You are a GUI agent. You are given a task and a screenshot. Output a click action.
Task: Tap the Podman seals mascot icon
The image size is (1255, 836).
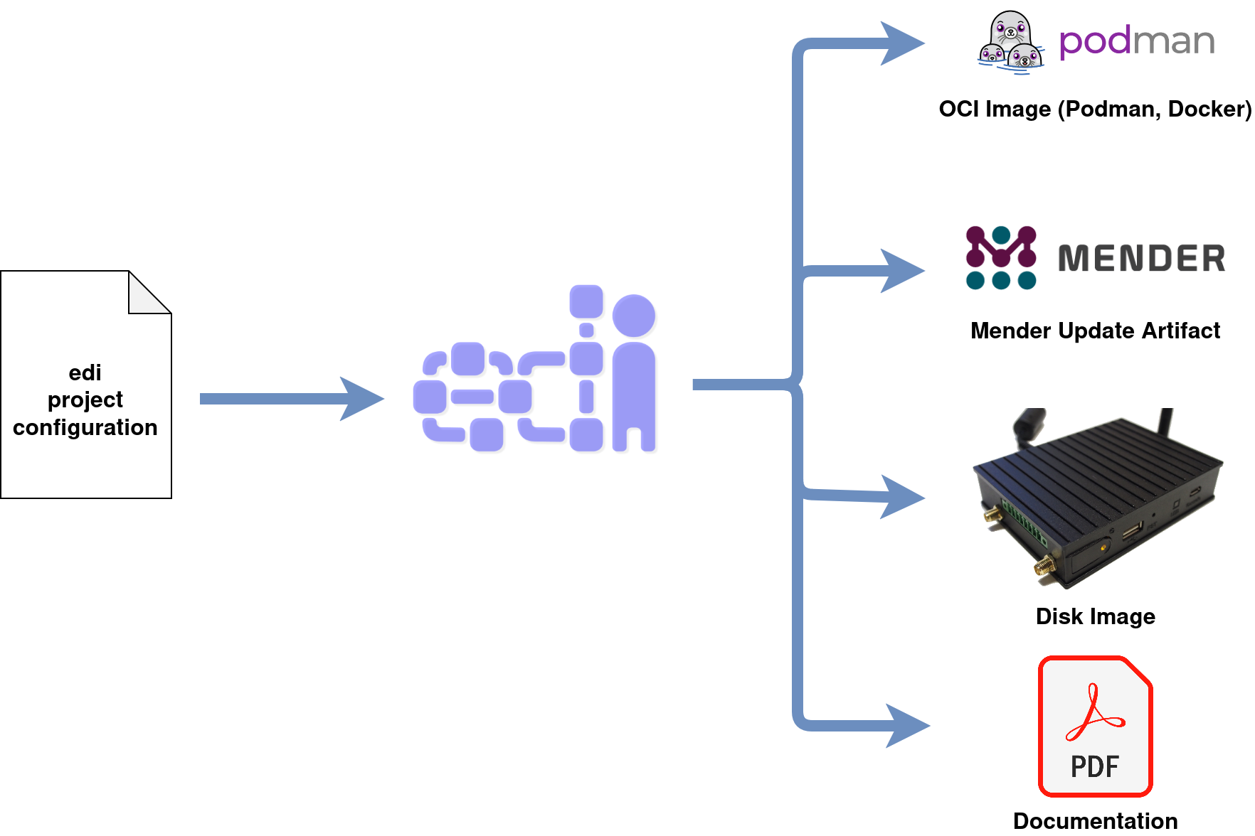coord(1011,42)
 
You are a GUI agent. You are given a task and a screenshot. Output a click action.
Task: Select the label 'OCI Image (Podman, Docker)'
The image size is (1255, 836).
coord(1095,109)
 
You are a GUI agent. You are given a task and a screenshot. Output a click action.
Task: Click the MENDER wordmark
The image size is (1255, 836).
coord(1141,258)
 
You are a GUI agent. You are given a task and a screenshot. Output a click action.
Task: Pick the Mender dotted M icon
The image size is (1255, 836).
coord(1001,257)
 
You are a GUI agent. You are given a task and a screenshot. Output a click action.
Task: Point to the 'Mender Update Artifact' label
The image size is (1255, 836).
coord(1095,331)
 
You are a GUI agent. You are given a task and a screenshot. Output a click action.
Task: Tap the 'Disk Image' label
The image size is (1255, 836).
coord(1095,616)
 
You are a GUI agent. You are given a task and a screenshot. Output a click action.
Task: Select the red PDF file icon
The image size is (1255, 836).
coord(1095,726)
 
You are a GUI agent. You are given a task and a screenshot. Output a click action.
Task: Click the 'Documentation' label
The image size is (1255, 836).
coord(1095,821)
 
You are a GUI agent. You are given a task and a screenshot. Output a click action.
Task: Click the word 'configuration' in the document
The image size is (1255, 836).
coord(85,428)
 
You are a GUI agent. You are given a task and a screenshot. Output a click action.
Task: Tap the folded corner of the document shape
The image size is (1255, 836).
coord(150,292)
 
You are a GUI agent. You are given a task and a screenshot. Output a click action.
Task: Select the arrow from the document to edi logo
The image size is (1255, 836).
coord(292,399)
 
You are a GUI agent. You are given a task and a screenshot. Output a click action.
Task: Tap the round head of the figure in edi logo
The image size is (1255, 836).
coord(634,316)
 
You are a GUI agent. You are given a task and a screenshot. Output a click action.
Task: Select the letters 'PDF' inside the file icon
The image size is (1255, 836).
coord(1095,767)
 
